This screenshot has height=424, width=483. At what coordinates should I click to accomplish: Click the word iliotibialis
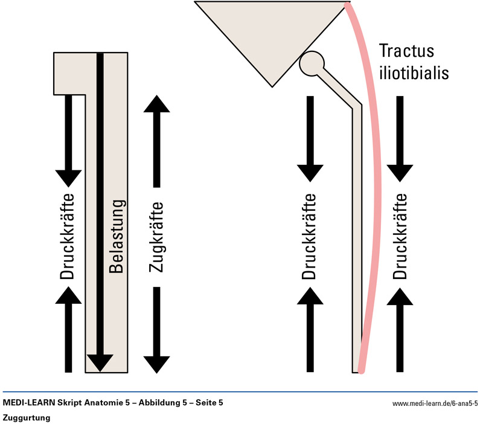coord(414,73)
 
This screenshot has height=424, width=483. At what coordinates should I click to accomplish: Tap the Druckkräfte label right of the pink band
coord(399,237)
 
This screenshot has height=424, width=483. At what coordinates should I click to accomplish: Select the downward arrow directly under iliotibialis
coord(399,139)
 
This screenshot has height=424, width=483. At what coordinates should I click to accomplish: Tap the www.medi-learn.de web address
coord(435,403)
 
